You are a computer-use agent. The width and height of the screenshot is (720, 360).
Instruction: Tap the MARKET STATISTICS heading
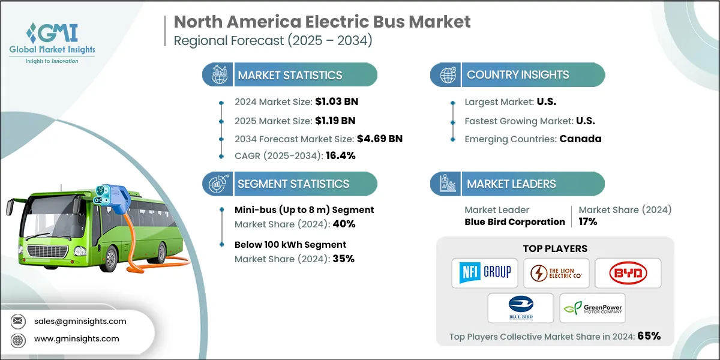(290, 75)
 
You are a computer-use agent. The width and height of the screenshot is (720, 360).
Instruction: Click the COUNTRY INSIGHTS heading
(518, 75)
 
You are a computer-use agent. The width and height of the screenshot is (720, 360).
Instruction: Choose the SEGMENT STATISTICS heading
(293, 184)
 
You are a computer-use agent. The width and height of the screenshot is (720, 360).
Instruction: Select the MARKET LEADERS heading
(511, 184)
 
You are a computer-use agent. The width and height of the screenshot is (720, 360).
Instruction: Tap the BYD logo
(628, 273)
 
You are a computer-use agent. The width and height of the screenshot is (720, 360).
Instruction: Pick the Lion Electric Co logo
(556, 273)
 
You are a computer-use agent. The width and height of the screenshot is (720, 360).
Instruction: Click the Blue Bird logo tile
(520, 308)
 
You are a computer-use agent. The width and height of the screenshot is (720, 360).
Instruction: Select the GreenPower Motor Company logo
(592, 308)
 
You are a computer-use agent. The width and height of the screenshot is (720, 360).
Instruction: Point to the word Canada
(580, 139)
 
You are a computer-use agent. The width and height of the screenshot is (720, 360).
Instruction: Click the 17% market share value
(588, 221)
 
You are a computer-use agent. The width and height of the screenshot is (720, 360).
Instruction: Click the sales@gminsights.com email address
(80, 321)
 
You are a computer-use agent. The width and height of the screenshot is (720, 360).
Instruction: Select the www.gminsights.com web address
(77, 338)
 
